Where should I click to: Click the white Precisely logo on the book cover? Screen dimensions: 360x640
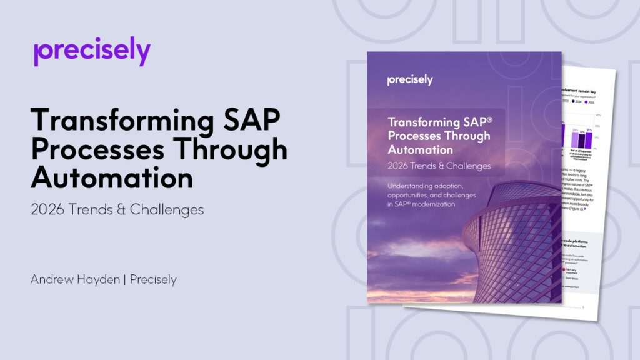[x=409, y=80]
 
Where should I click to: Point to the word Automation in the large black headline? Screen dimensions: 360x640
[x=112, y=177]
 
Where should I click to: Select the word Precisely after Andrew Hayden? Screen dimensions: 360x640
[x=149, y=279]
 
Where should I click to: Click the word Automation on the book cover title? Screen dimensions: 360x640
[x=420, y=150]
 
